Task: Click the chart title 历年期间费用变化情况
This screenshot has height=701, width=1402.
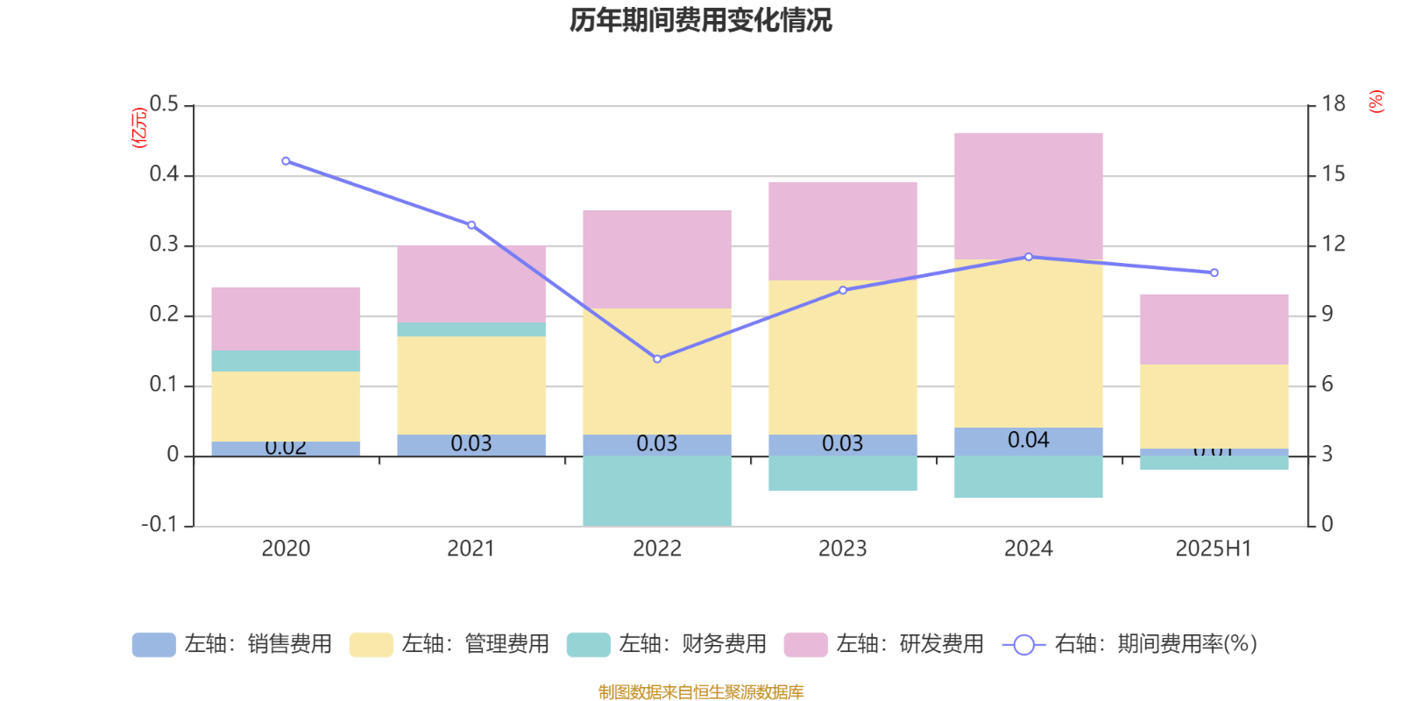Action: pos(700,19)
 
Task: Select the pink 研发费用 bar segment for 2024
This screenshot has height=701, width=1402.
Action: pos(1028,195)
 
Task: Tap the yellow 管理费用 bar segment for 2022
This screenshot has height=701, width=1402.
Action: pos(656,371)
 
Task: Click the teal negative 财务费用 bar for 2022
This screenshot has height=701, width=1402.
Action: pos(656,490)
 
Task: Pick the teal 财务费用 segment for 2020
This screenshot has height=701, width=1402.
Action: pos(286,360)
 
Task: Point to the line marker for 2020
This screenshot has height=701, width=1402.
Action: pos(286,161)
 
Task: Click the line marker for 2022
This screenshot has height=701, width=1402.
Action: pos(657,358)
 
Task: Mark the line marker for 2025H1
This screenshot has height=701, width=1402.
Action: pos(1214,273)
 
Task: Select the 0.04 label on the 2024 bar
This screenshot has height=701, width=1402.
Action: pos(1028,440)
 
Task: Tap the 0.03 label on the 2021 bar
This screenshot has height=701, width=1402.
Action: pos(471,443)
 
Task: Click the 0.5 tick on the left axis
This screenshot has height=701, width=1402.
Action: pos(164,105)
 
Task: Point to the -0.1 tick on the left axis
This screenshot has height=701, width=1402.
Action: pos(159,525)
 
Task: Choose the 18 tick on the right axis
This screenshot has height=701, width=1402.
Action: pos(1333,104)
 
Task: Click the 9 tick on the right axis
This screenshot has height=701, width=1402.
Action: pos(1328,315)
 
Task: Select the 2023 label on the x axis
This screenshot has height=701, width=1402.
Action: pos(842,549)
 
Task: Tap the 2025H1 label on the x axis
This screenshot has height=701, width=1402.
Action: pos(1213,549)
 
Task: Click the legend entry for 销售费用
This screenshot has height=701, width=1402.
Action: pos(232,644)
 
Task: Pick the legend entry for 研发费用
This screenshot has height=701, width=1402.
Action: pos(884,644)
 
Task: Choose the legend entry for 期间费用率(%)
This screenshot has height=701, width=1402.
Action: pos(1130,644)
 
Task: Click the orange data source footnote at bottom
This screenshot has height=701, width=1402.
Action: pos(700,692)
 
